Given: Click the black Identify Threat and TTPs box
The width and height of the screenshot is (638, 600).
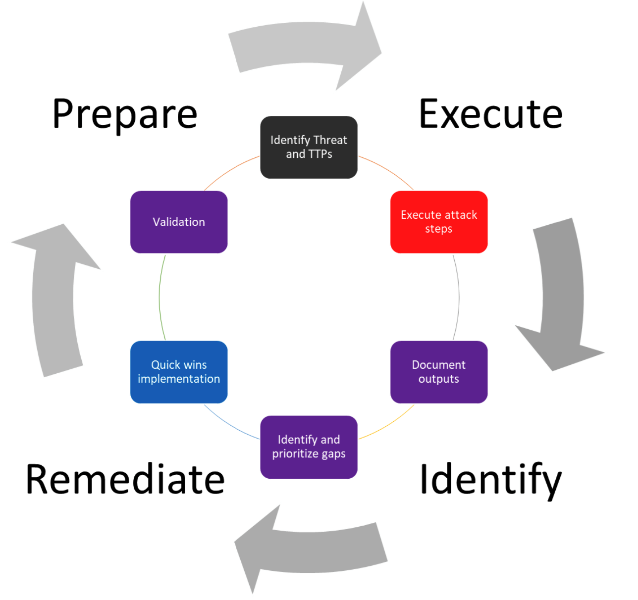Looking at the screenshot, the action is pos(309,148).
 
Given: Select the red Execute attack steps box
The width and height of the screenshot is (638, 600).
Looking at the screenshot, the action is pos(439,222).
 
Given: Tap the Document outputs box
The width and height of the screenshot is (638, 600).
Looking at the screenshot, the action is pos(439,372).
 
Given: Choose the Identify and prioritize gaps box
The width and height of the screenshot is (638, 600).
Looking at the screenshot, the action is pos(309,447).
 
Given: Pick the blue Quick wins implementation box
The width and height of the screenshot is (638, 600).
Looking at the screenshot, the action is pos(179,372).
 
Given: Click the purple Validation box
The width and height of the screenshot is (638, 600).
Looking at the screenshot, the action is pos(179,222).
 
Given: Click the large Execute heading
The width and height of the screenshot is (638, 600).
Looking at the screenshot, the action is pos(490,114).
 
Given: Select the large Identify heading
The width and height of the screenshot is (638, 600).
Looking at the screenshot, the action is pos(491,480).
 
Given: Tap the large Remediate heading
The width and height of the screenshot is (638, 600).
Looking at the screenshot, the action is pos(125,479).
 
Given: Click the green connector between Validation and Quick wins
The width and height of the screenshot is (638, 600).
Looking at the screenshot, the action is pos(159,297).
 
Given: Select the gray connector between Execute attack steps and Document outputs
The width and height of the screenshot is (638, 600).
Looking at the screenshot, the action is pos(458,297).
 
